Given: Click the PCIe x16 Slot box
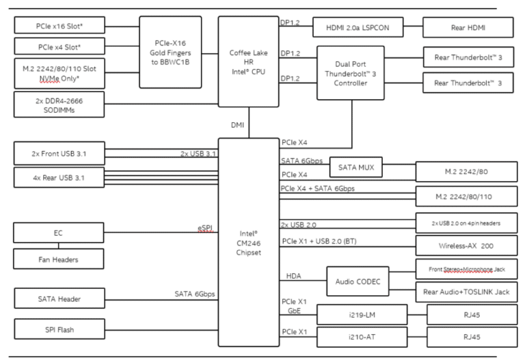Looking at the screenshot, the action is [x=59, y=25].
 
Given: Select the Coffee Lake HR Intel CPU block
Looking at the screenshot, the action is [x=248, y=62].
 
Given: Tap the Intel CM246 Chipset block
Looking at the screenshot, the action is [x=248, y=243].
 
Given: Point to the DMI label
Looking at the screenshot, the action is [x=237, y=125].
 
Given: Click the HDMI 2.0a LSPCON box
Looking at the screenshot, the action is [x=358, y=27].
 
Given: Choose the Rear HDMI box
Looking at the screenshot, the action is [x=468, y=27].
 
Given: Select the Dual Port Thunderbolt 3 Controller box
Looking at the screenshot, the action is [x=351, y=73].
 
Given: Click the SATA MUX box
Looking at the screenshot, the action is [x=356, y=167].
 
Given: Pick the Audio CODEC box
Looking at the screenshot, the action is [x=358, y=281].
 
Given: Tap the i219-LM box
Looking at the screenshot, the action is [x=362, y=315].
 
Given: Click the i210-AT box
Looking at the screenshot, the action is [x=362, y=337].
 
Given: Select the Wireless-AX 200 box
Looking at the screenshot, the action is [x=466, y=245].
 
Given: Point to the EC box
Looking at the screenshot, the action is [x=59, y=233].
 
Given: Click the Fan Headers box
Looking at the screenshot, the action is [x=59, y=260].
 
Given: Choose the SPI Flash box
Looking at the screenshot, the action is [x=59, y=329].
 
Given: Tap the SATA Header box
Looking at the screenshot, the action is [x=59, y=299].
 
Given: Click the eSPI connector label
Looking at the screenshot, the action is [x=205, y=228].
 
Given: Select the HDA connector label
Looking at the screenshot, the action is [x=294, y=276].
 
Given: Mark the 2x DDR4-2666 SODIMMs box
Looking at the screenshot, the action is [x=59, y=105].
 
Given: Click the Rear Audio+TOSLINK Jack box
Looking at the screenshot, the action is [x=466, y=292].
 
